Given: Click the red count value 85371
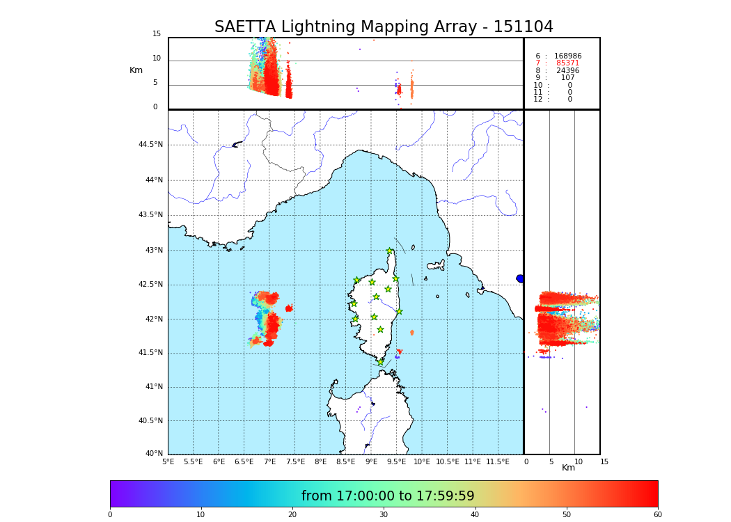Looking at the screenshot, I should click(x=567, y=63).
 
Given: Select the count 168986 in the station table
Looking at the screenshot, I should click(x=567, y=56).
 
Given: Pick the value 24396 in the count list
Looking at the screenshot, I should click(x=567, y=71).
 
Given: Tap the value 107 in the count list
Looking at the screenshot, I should click(x=568, y=78).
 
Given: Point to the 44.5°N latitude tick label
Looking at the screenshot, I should click(x=150, y=145).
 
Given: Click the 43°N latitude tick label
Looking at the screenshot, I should click(x=152, y=251).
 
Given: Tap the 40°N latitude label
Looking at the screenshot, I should click(x=154, y=454).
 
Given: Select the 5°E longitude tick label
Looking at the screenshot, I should click(x=168, y=462).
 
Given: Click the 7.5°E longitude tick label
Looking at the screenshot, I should click(x=295, y=462).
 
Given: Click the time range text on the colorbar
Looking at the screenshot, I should click(x=388, y=496).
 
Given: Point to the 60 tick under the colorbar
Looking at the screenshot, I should click(x=657, y=515).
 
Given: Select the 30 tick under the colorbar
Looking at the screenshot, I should click(x=384, y=515).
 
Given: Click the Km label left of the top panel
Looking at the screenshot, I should click(x=136, y=70).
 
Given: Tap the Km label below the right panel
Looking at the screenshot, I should click(x=569, y=468).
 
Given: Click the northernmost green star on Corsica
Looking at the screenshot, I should click(x=390, y=251).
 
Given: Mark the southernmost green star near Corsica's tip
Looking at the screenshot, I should click(x=380, y=362).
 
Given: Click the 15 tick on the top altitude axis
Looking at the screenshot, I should click(x=157, y=34).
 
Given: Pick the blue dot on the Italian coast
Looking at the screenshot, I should click(x=520, y=278).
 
